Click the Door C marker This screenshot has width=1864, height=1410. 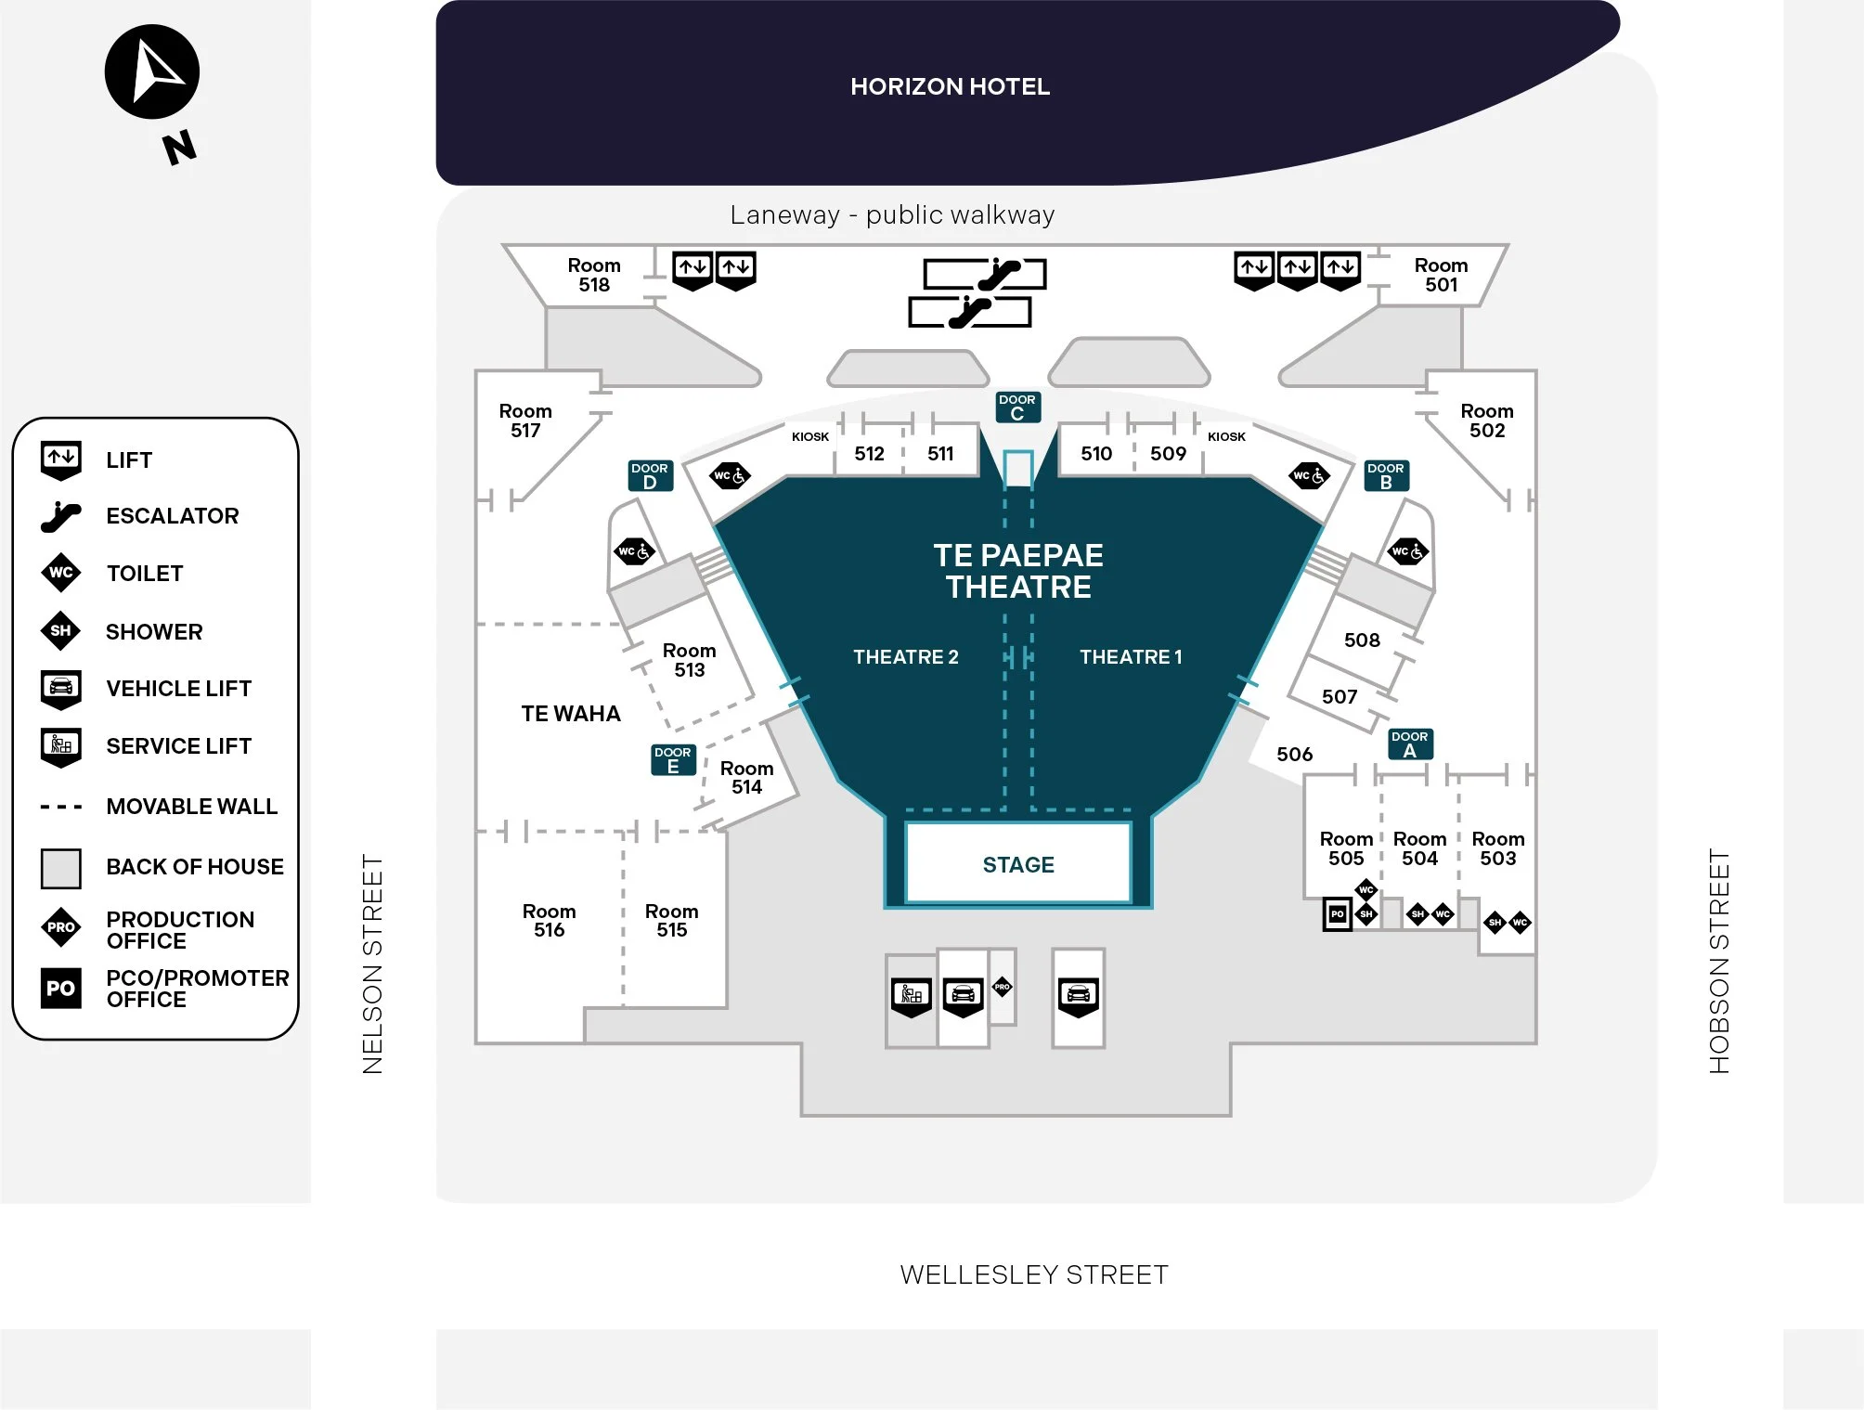point(1017,407)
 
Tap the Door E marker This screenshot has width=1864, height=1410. point(673,759)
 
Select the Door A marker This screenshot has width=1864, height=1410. point(1410,744)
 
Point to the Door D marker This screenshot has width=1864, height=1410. point(650,476)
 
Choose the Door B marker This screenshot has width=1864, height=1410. point(1386,476)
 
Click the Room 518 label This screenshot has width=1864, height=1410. point(594,275)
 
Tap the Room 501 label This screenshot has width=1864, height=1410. point(1441,275)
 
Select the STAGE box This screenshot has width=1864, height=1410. point(1018,863)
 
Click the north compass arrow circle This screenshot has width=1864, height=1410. point(152,72)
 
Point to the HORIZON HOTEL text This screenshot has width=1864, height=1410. point(950,87)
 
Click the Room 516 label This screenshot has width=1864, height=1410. point(549,921)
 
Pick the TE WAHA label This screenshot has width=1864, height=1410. point(571,714)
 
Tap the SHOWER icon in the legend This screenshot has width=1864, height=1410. point(60,631)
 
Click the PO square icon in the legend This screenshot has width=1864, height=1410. point(61,989)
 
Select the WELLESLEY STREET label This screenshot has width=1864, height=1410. point(1034,1275)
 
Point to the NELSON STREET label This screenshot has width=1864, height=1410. point(373,964)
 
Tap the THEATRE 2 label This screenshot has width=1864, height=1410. point(906,657)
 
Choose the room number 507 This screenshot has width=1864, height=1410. point(1340,697)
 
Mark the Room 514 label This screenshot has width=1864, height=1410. point(746,778)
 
